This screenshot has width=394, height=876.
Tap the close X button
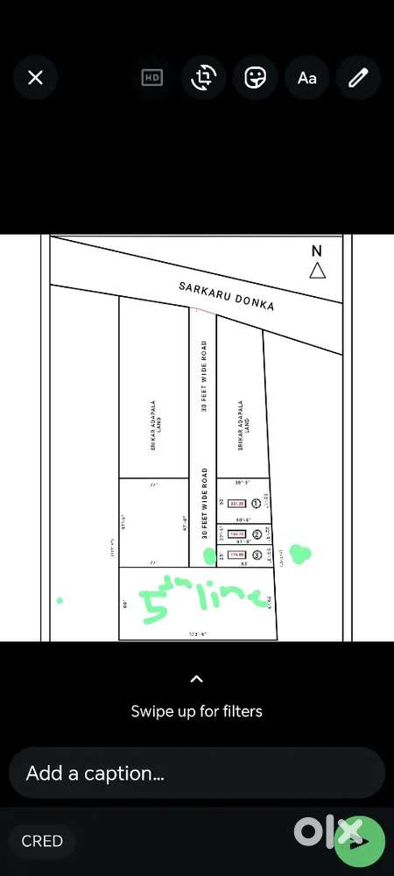(x=35, y=77)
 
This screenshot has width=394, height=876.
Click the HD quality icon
(x=152, y=77)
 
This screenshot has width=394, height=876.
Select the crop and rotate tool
(x=203, y=77)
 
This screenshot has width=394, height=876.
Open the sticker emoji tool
(x=255, y=77)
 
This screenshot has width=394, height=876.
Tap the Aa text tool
(x=306, y=77)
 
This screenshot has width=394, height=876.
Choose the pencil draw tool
(x=358, y=77)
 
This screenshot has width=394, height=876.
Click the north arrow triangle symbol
(x=318, y=271)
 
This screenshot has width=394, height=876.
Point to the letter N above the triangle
(x=317, y=251)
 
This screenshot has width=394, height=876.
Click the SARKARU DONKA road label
(x=226, y=296)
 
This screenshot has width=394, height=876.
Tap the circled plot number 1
(x=257, y=503)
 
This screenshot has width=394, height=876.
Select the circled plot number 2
(x=257, y=534)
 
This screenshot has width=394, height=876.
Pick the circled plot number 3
(x=257, y=555)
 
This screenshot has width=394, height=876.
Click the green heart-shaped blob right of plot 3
(x=300, y=554)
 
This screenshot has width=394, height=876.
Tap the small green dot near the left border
(x=60, y=601)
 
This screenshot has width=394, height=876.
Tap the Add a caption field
(x=197, y=774)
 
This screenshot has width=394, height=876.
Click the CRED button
(x=42, y=841)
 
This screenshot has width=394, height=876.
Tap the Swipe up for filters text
(x=197, y=710)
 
